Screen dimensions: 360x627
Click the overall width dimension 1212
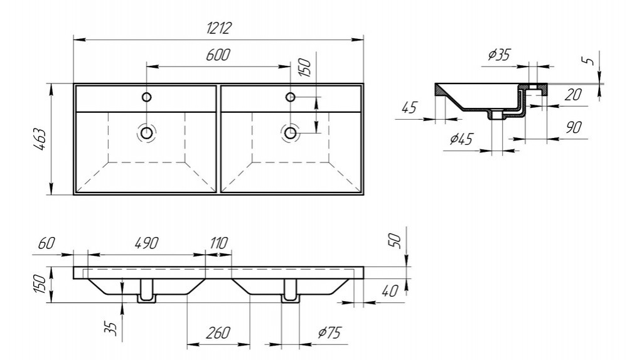click(x=218, y=28)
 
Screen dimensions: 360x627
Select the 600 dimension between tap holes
click(x=218, y=55)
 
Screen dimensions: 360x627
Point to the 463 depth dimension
click(x=39, y=139)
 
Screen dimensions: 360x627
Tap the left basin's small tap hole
click(x=146, y=97)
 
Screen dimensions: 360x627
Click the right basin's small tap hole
click(x=291, y=97)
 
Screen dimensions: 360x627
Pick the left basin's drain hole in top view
click(x=146, y=132)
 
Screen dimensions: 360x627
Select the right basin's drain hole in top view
click(x=291, y=132)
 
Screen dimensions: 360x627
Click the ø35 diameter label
click(x=499, y=55)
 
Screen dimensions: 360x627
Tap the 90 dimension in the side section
click(x=572, y=127)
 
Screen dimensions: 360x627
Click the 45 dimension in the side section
click(x=409, y=107)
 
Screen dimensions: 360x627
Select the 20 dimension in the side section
click(x=572, y=95)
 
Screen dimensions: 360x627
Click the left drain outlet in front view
click(x=146, y=291)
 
